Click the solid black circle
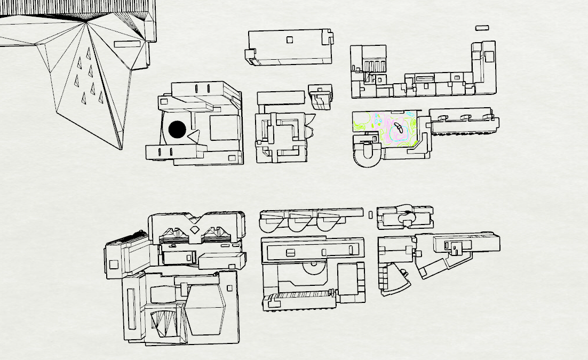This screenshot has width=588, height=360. click(x=177, y=129)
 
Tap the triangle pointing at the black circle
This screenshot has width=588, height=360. click(x=193, y=137)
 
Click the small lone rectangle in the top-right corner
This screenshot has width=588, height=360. click(x=482, y=27)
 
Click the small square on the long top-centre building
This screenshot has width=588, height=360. click(x=290, y=39)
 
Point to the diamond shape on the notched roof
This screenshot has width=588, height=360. click(x=195, y=230)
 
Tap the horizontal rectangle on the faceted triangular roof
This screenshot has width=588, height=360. click(x=127, y=44)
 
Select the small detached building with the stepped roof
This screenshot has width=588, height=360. click(x=320, y=97)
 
